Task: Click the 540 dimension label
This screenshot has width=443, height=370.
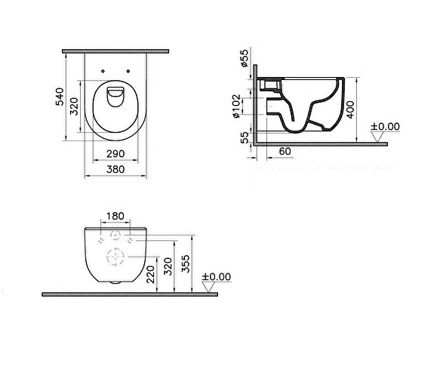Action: (x=60, y=97)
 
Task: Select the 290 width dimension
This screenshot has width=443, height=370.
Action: (x=115, y=154)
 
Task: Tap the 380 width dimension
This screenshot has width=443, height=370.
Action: (x=115, y=169)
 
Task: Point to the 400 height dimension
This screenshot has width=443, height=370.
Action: (x=350, y=109)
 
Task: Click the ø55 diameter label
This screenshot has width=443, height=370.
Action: (x=244, y=58)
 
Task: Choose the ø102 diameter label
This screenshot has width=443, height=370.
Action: (x=236, y=106)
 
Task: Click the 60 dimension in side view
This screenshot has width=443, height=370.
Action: (x=285, y=152)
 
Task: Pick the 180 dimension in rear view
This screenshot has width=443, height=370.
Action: (x=115, y=216)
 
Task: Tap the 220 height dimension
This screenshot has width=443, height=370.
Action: (x=151, y=274)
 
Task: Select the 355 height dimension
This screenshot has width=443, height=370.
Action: (x=186, y=264)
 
